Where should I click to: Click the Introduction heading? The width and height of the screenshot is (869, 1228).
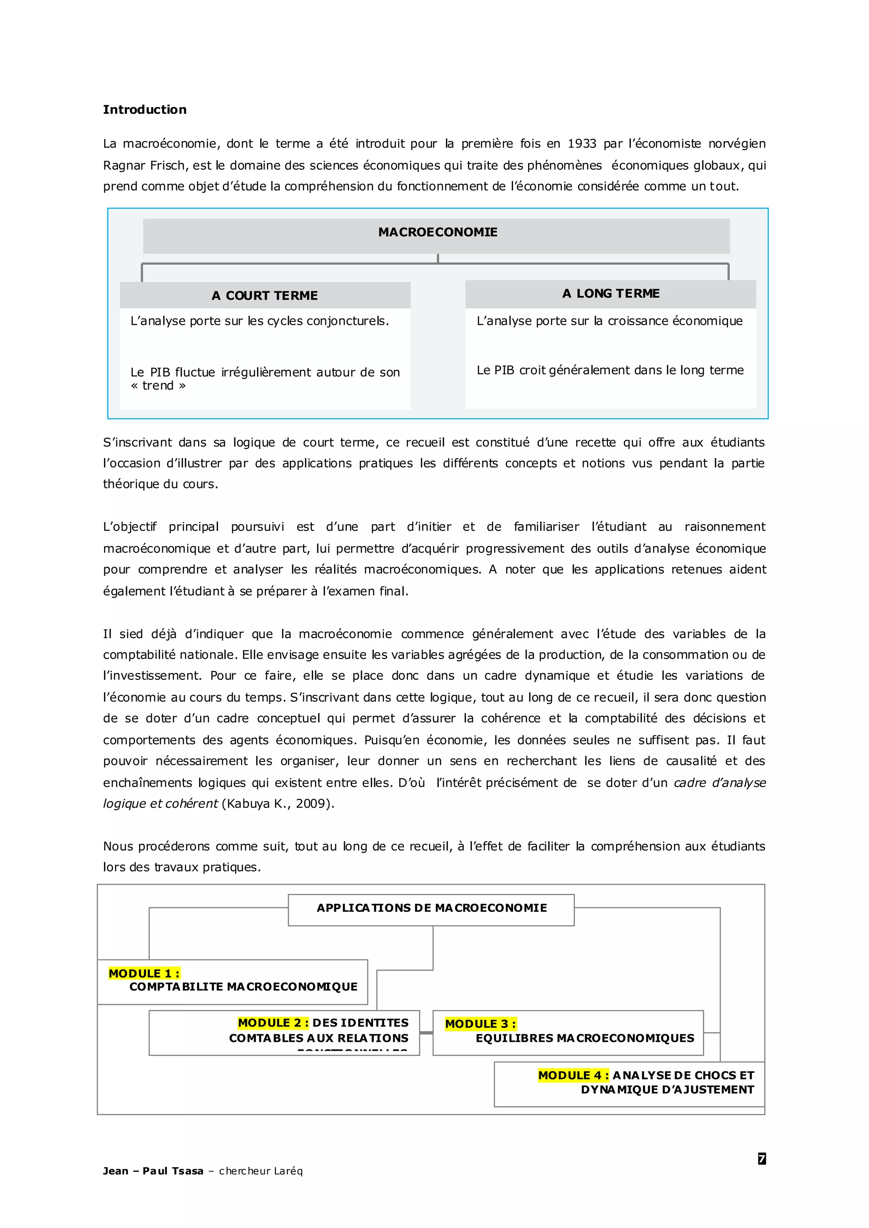[x=144, y=110]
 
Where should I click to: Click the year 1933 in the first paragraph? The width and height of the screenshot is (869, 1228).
[x=582, y=144]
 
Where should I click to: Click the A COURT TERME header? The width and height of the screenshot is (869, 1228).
[x=264, y=296]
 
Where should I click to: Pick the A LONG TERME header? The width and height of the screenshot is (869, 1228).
[x=611, y=293]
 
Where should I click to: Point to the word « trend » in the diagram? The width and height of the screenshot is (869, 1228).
[x=158, y=385]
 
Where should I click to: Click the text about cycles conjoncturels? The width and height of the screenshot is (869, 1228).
[x=260, y=321]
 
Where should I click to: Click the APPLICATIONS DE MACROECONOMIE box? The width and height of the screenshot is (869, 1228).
[x=431, y=908]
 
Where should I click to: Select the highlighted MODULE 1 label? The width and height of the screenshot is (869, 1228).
[x=144, y=974]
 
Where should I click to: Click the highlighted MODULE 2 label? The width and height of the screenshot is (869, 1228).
[x=273, y=1023]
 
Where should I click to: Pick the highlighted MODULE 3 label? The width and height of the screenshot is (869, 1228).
[x=480, y=1024]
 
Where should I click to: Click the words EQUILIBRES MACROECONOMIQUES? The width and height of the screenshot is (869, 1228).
[x=584, y=1038]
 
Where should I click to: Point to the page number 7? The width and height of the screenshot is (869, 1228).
[x=762, y=1158]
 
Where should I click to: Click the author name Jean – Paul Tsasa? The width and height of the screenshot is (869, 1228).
[x=153, y=1171]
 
